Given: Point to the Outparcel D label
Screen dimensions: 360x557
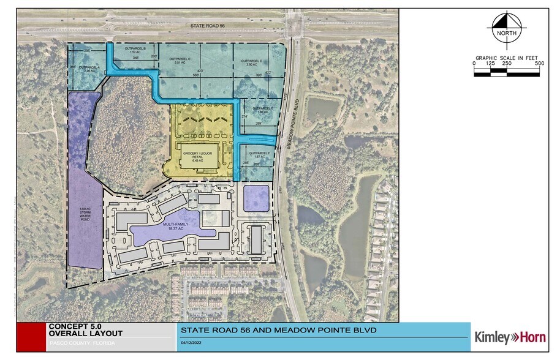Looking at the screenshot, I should pyautogui.click(x=251, y=62).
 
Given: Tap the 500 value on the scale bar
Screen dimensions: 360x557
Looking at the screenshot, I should pyautogui.click(x=539, y=63).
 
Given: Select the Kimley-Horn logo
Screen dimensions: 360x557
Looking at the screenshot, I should pyautogui.click(x=510, y=337).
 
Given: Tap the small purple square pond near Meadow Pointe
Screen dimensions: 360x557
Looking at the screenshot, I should pyautogui.click(x=256, y=198).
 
